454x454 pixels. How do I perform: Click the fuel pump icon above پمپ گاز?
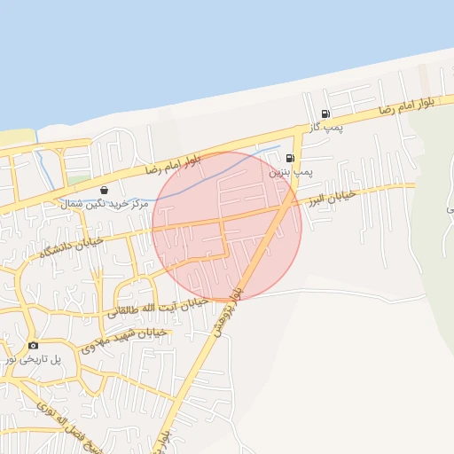[x=326, y=113]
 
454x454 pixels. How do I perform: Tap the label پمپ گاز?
[x=325, y=129]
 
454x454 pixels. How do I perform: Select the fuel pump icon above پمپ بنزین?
[x=290, y=158]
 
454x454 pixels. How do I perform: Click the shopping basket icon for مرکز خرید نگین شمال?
[x=105, y=190]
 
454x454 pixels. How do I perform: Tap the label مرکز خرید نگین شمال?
[x=101, y=203]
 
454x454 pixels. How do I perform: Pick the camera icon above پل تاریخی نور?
[x=33, y=345]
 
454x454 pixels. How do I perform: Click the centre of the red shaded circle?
[x=227, y=226]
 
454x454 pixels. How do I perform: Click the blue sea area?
[x=177, y=53]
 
